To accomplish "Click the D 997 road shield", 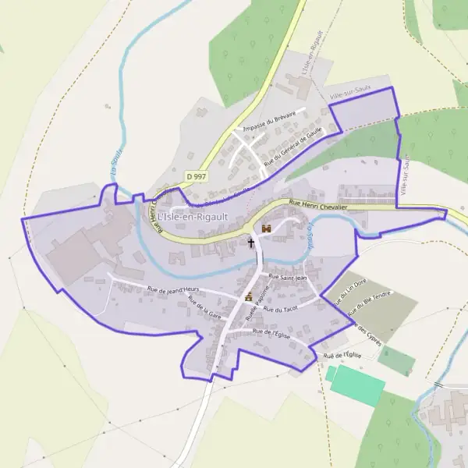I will click(196, 178).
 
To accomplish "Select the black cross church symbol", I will click(251, 243).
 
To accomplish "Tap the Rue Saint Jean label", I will click(289, 277).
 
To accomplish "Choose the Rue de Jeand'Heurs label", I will click(173, 290).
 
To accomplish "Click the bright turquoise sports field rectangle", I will click(356, 385).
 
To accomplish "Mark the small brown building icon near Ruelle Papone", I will click(249, 296).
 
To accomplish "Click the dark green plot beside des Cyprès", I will click(396, 360).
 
